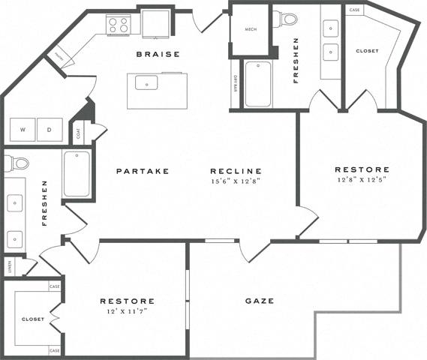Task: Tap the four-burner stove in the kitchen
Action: click(x=119, y=25)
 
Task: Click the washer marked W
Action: click(x=23, y=130)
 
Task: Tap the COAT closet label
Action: click(x=78, y=133)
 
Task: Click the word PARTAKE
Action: click(x=143, y=171)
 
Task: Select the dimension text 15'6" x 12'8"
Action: click(x=236, y=181)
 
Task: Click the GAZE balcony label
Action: click(x=259, y=301)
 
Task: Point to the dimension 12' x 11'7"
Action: click(x=128, y=311)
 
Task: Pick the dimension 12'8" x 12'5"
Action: click(x=362, y=180)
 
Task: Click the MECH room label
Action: click(x=251, y=29)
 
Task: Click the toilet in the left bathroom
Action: click(x=19, y=163)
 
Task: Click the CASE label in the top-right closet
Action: click(x=355, y=10)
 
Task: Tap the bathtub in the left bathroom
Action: click(x=76, y=174)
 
